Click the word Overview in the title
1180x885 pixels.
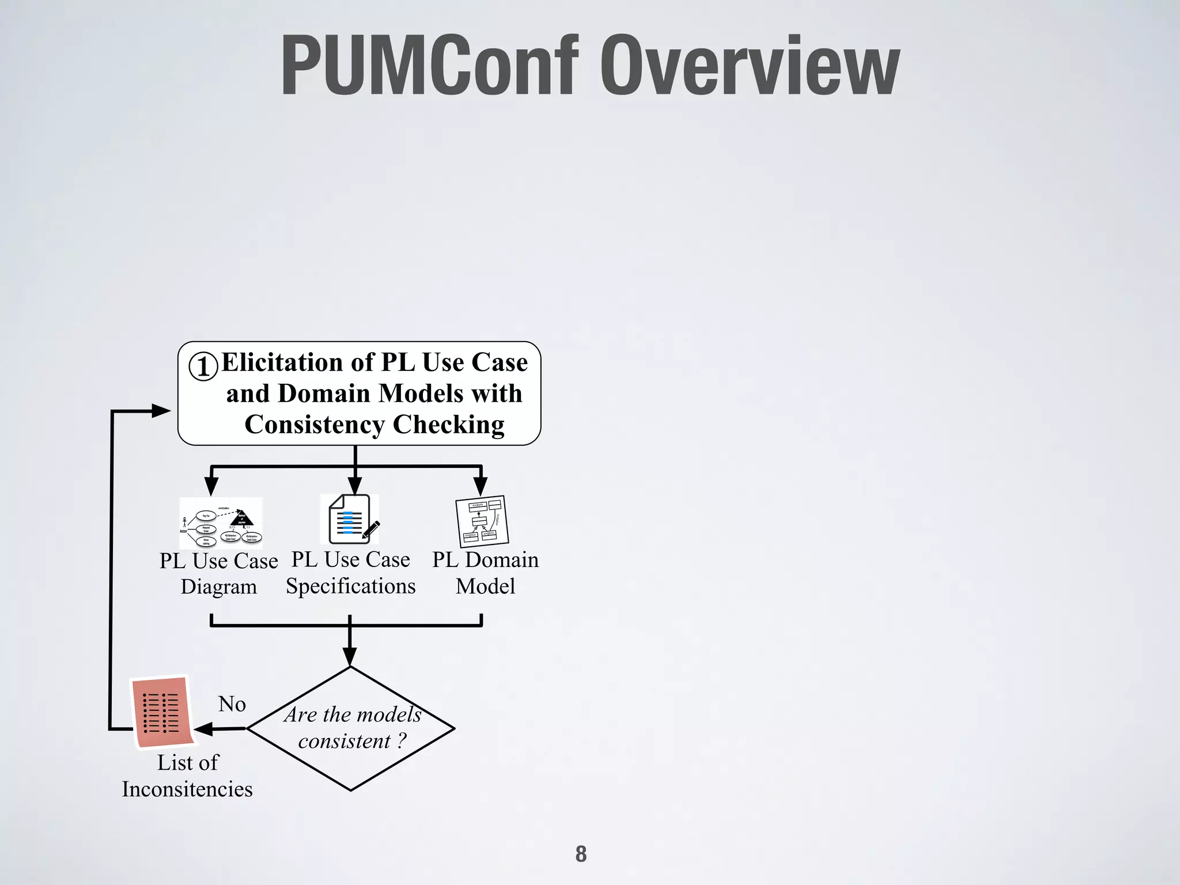click(749, 66)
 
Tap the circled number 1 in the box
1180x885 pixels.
click(203, 366)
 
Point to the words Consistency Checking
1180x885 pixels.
click(375, 425)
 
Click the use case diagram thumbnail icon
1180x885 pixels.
click(221, 523)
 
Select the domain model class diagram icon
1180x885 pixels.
click(482, 521)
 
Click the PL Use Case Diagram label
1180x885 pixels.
click(218, 573)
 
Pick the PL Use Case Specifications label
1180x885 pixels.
click(350, 573)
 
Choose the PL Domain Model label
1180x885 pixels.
click(485, 573)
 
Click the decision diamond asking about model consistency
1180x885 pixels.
click(351, 728)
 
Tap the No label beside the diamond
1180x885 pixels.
click(232, 704)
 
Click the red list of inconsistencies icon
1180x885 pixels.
click(162, 712)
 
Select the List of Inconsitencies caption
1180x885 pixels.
click(187, 776)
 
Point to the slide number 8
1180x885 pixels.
click(581, 854)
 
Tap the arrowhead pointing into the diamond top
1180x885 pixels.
click(350, 657)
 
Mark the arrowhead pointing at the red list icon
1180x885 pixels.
click(203, 729)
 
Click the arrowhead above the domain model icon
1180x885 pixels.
click(481, 486)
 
